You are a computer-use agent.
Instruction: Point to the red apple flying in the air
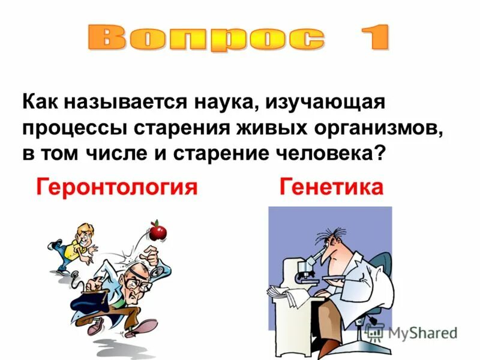[158, 230]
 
